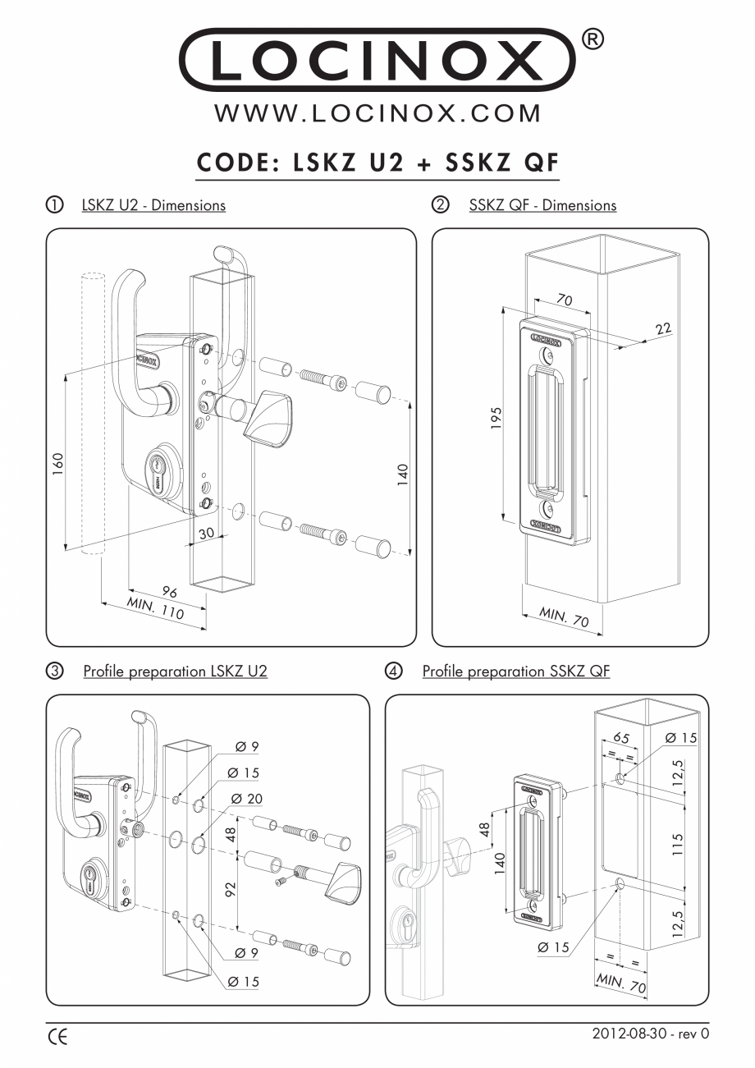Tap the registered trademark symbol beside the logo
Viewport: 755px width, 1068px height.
(x=594, y=39)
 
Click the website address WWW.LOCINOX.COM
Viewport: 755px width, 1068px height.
(x=377, y=112)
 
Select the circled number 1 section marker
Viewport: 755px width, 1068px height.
(x=54, y=205)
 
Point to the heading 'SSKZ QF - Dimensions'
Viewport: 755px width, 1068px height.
(x=542, y=205)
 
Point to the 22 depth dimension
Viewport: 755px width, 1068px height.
(x=662, y=328)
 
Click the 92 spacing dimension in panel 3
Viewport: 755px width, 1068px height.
(x=231, y=889)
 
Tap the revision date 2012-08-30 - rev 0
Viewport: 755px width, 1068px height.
(x=650, y=1034)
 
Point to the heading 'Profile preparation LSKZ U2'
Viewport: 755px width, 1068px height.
(x=175, y=672)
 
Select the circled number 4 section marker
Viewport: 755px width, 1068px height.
(x=394, y=672)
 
